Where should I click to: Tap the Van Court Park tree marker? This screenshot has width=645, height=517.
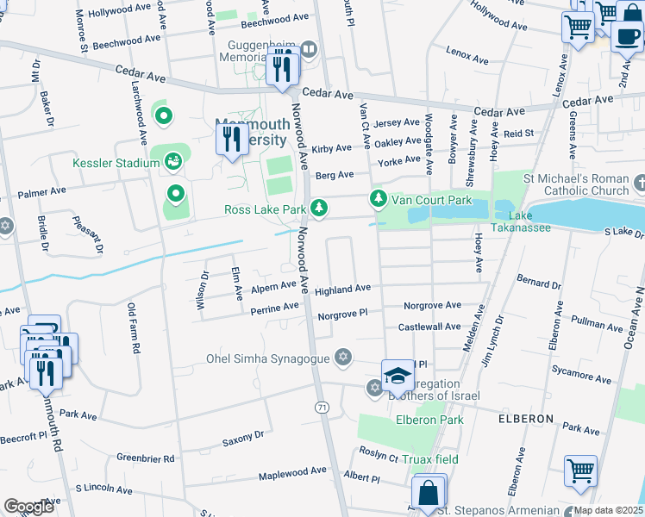click(x=379, y=199)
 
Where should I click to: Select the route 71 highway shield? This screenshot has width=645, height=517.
click(x=321, y=406)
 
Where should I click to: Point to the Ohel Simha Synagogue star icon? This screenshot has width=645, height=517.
click(x=343, y=358)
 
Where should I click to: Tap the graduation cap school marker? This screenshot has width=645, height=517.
click(x=397, y=374)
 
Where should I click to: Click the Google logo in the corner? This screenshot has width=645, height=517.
click(x=28, y=507)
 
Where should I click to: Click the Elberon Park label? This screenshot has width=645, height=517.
click(x=429, y=420)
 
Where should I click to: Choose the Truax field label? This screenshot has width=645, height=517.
click(x=429, y=459)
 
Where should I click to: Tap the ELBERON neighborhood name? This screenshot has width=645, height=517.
click(x=525, y=418)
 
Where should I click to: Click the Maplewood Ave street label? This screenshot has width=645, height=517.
click(x=292, y=471)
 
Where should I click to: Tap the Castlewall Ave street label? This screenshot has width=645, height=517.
click(x=429, y=327)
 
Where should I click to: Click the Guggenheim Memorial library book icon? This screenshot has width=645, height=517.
click(x=307, y=51)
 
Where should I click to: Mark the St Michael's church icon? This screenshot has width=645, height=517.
click(x=638, y=183)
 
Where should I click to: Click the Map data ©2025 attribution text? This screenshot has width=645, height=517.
click(x=608, y=510)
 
